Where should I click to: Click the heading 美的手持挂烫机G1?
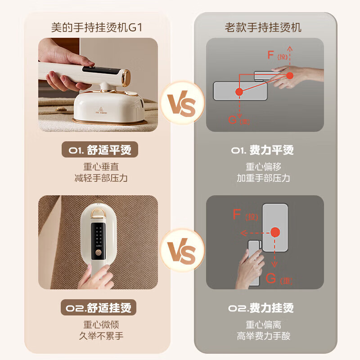coord(97,27)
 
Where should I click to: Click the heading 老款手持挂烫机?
coord(263,27)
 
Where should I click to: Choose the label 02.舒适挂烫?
coord(99,308)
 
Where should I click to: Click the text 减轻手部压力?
coord(101,178)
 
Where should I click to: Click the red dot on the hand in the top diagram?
coord(288,75)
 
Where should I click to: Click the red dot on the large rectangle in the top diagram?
coord(239,91)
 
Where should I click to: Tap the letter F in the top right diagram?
coord(270,55)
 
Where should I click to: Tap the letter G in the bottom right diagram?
coord(270,278)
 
